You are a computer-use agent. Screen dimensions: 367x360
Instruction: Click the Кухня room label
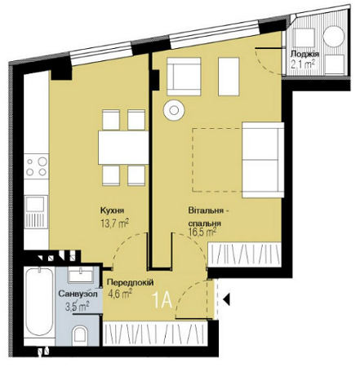113,208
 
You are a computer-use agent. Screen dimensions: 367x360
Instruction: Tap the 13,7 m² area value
114,221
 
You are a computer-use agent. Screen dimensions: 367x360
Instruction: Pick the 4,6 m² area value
120,294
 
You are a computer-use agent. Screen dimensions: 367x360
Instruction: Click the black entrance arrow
228,301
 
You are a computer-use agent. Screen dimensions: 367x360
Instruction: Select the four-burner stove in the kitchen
37,167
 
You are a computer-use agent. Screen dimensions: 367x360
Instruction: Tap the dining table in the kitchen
123,148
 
